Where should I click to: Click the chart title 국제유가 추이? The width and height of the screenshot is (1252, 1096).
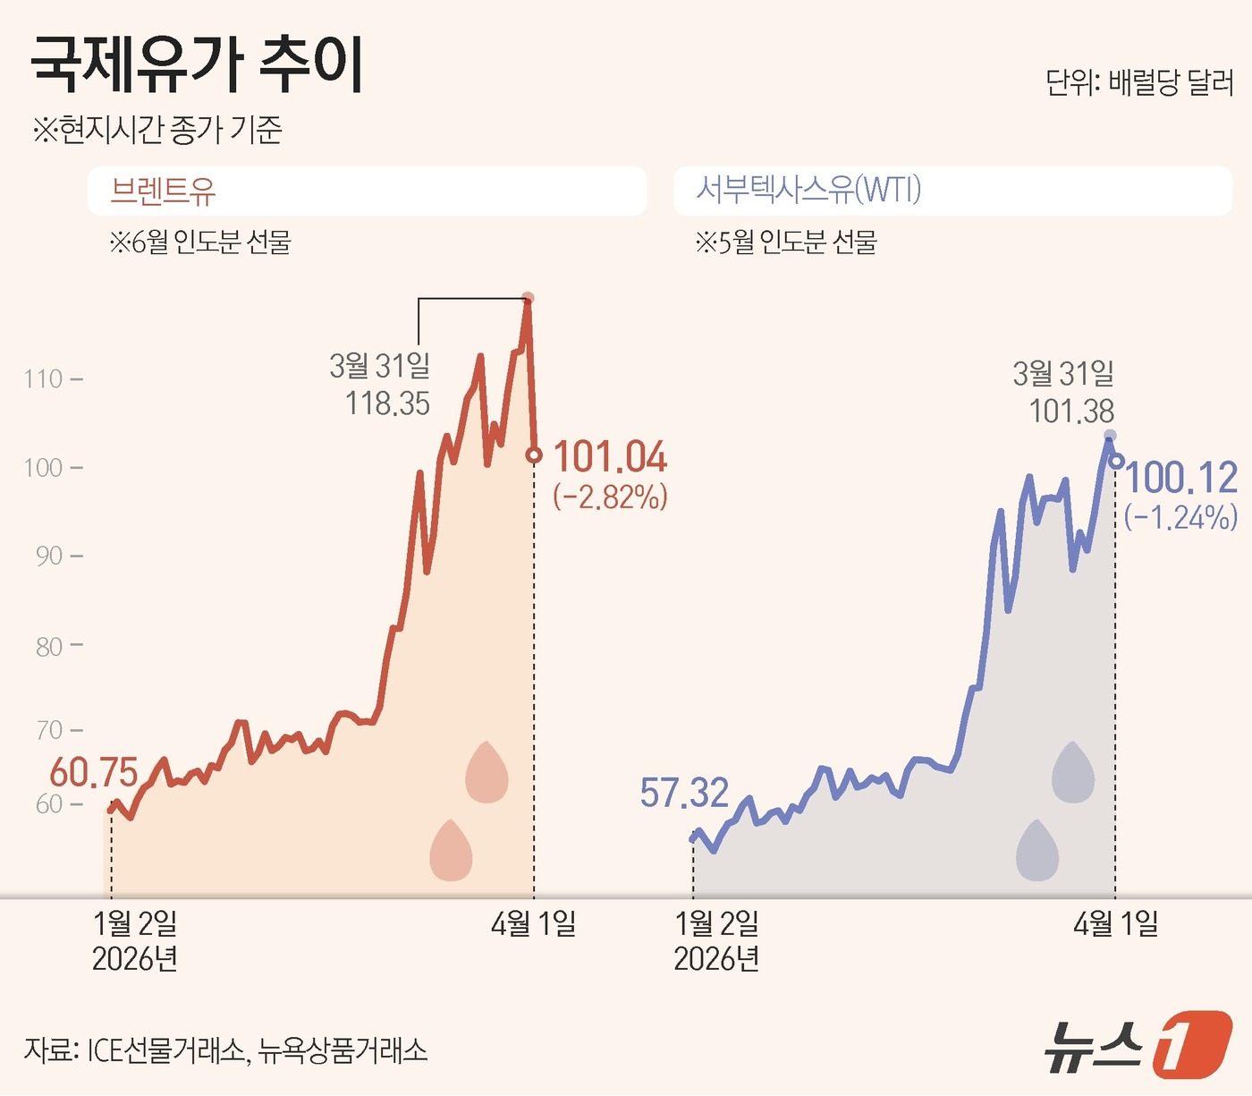(198, 64)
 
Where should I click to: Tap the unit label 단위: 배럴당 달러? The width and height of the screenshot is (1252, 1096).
(1139, 83)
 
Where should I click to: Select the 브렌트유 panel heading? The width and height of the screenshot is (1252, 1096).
(163, 191)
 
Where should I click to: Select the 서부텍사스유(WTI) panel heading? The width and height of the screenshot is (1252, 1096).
(808, 190)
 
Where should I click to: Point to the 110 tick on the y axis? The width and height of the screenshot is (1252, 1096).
(44, 379)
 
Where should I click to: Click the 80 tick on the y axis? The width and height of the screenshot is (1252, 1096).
(49, 646)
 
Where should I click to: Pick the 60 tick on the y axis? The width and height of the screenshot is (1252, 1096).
(49, 804)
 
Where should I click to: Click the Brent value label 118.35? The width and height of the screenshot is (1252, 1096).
(387, 404)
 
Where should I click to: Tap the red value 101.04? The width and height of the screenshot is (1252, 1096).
(610, 457)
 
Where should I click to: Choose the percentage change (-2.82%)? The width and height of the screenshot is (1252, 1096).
(610, 497)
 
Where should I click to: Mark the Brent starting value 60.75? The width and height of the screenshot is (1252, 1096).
(94, 773)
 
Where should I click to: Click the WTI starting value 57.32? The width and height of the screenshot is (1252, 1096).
(684, 793)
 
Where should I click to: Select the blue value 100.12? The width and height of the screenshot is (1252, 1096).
(1181, 478)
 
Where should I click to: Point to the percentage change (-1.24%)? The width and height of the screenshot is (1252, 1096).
(1181, 517)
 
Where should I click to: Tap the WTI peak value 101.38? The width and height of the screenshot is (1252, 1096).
(1071, 412)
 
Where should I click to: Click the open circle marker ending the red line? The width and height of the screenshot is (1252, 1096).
(534, 455)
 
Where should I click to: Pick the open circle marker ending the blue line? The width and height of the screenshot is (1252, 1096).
(1116, 461)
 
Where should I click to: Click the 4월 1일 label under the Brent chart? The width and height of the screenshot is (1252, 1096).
(533, 923)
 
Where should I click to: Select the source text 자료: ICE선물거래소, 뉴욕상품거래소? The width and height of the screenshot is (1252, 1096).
(225, 1049)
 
